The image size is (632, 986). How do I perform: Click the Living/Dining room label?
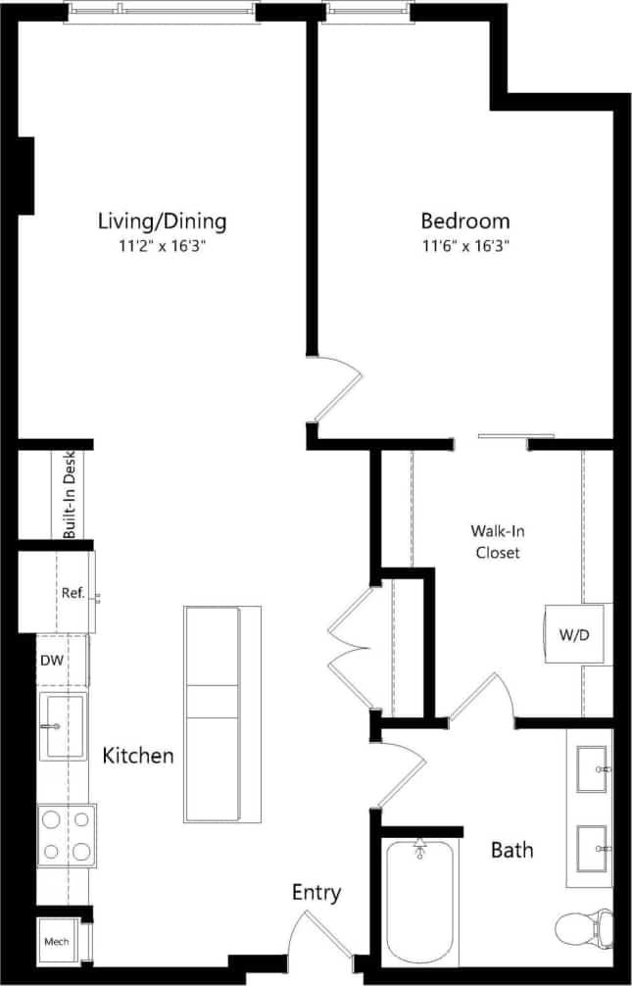pyautogui.click(x=162, y=221)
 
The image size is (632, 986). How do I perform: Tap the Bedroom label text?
pyautogui.click(x=465, y=221)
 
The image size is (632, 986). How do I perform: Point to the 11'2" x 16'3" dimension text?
pyautogui.click(x=162, y=246)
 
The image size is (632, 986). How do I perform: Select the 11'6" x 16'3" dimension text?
pyautogui.click(x=465, y=246)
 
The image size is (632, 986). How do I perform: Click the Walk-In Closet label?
pyautogui.click(x=497, y=541)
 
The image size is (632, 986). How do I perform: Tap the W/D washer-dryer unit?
pyautogui.click(x=574, y=635)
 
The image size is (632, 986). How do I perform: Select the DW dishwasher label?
pyautogui.click(x=52, y=661)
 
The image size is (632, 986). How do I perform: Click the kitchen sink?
pyautogui.click(x=61, y=725)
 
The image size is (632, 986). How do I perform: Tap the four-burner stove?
pyautogui.click(x=67, y=835)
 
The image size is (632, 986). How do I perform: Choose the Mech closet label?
pyautogui.click(x=55, y=942)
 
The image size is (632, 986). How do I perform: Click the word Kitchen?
pyautogui.click(x=138, y=756)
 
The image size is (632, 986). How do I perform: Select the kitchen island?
pyautogui.click(x=213, y=715)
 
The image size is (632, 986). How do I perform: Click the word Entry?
pyautogui.click(x=316, y=892)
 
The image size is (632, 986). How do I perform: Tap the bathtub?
pyautogui.click(x=420, y=902)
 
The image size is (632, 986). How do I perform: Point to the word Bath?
pyautogui.click(x=512, y=849)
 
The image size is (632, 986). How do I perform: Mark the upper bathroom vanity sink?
pyautogui.click(x=592, y=769)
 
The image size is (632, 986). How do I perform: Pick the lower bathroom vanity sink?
pyautogui.click(x=592, y=847)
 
